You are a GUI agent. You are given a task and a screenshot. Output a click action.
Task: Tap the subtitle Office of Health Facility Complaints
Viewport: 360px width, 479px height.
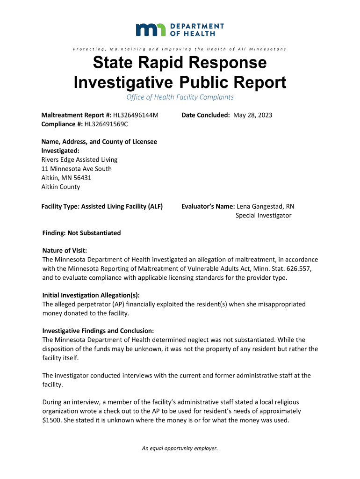tap(180, 97)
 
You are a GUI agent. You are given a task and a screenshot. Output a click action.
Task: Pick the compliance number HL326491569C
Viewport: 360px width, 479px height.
tap(106, 124)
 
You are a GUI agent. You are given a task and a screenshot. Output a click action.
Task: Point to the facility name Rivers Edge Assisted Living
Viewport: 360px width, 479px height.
tap(79, 160)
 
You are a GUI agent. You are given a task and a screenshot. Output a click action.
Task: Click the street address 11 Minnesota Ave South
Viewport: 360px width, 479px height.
tap(77, 169)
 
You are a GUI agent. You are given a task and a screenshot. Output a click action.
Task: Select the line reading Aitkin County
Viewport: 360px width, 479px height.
tap(61, 187)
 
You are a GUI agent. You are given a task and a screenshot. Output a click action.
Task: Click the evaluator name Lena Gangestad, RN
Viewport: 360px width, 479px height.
tap(266, 206)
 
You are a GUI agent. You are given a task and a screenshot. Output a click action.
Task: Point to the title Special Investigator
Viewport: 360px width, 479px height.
tap(263, 216)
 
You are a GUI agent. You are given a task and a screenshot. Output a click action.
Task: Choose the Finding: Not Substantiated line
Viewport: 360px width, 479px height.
tap(81, 233)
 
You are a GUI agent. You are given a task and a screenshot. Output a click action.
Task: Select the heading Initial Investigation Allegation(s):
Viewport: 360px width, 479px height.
tap(91, 295)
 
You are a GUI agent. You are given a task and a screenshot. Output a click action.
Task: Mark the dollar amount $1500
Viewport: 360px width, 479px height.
tap(50, 420)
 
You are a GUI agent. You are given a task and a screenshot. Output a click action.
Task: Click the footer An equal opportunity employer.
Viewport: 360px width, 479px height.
tap(180, 449)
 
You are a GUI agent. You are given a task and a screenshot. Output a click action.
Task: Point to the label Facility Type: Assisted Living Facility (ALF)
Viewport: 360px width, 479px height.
tap(102, 206)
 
